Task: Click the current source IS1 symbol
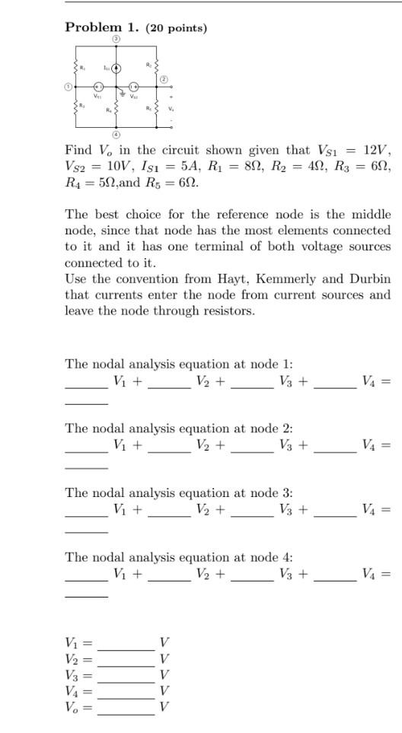pyautogui.click(x=116, y=69)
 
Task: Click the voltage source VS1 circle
pyautogui.click(x=98, y=88)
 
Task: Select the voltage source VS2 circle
pyautogui.click(x=133, y=88)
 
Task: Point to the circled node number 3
pyautogui.click(x=116, y=39)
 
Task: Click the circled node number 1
pyautogui.click(x=68, y=88)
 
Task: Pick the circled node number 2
pyautogui.click(x=162, y=80)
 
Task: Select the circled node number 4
pyautogui.click(x=116, y=135)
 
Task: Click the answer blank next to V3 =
pyautogui.click(x=126, y=674)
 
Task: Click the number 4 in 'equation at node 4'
pyautogui.click(x=289, y=558)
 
